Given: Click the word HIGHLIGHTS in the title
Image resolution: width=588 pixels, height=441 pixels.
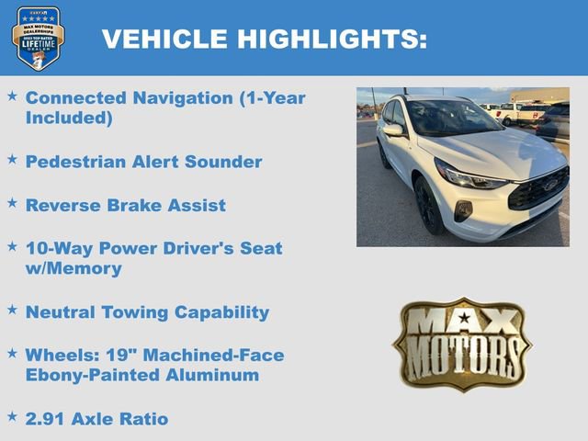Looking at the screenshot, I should pos(332,39).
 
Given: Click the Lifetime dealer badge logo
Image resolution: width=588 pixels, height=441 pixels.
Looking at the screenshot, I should pos(38,38).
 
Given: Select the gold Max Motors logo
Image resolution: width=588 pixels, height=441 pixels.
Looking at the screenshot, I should pos(461,344).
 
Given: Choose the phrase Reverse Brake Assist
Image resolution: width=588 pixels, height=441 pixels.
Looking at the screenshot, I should pos(126,205).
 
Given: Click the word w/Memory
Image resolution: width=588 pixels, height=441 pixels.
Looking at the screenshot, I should pos(73,268).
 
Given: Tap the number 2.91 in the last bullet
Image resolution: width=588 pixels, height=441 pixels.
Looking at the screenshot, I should pos(47,419).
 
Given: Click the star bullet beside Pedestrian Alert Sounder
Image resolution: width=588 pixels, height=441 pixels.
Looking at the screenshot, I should pos(12,160).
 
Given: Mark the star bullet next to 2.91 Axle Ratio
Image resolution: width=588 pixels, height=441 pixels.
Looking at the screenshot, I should pos(12,417).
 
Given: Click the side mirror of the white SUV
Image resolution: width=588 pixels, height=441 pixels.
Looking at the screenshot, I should pos(393,130).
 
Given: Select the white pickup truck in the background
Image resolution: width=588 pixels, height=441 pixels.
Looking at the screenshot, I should pos(519,113).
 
